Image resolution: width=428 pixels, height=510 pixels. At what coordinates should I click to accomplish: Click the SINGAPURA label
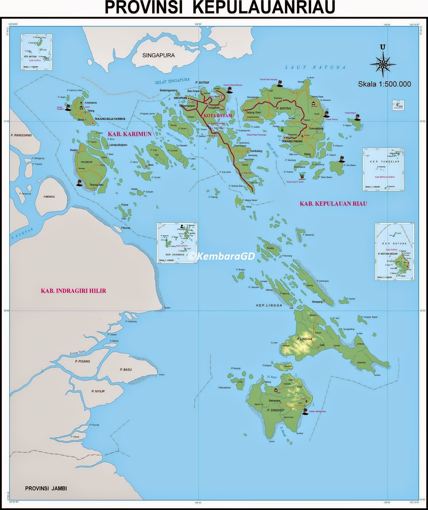click(158, 55)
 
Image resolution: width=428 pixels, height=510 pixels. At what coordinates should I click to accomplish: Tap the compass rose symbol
click(383, 62)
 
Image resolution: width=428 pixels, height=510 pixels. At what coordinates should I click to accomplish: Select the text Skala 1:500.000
click(384, 84)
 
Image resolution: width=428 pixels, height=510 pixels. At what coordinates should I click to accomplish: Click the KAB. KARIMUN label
click(130, 134)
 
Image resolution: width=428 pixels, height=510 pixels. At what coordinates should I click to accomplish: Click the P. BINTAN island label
click(284, 108)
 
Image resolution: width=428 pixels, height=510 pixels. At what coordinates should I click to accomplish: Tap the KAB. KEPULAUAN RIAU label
click(333, 203)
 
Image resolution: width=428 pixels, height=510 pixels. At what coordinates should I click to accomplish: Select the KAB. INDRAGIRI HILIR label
click(73, 291)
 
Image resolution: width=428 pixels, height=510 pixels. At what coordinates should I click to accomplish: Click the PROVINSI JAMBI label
click(46, 488)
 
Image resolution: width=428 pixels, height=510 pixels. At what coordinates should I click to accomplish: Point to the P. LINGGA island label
click(304, 339)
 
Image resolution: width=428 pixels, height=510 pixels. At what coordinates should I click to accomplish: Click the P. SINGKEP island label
click(276, 410)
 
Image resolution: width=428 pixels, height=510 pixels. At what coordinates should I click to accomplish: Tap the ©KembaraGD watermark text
click(221, 256)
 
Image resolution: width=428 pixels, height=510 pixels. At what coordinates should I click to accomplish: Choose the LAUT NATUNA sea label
click(315, 67)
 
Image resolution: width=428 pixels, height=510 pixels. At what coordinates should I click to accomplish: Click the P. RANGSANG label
click(21, 135)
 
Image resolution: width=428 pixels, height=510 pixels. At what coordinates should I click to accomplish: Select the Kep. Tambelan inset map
click(383, 170)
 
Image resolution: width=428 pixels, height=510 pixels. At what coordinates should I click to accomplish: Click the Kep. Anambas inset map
click(177, 243)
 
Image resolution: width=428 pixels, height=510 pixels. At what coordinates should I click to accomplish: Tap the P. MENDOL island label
click(49, 197)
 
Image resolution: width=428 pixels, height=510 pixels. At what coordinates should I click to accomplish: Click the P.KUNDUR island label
click(87, 162)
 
